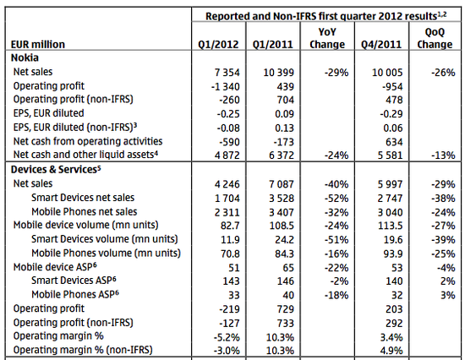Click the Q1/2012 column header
pos(218,45)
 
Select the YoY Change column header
pos(327,38)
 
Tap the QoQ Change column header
pos(435,38)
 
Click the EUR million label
pos(38,45)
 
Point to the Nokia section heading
pos(25,57)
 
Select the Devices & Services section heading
pos(56,169)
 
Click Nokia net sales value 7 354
pos(227,73)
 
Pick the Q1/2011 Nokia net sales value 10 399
pos(279,73)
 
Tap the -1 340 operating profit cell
pos(226,86)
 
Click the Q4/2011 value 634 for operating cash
pos(394,142)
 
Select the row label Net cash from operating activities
pos(88,141)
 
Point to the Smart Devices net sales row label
pos(83,198)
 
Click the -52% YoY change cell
pos(336,198)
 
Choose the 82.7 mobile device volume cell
pos(230,226)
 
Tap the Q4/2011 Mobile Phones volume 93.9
pos(393,254)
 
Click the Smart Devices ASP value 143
pos(231,281)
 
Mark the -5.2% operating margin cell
pos(227,337)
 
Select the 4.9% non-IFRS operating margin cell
pos(391,351)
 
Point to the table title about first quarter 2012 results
pos(325,16)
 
